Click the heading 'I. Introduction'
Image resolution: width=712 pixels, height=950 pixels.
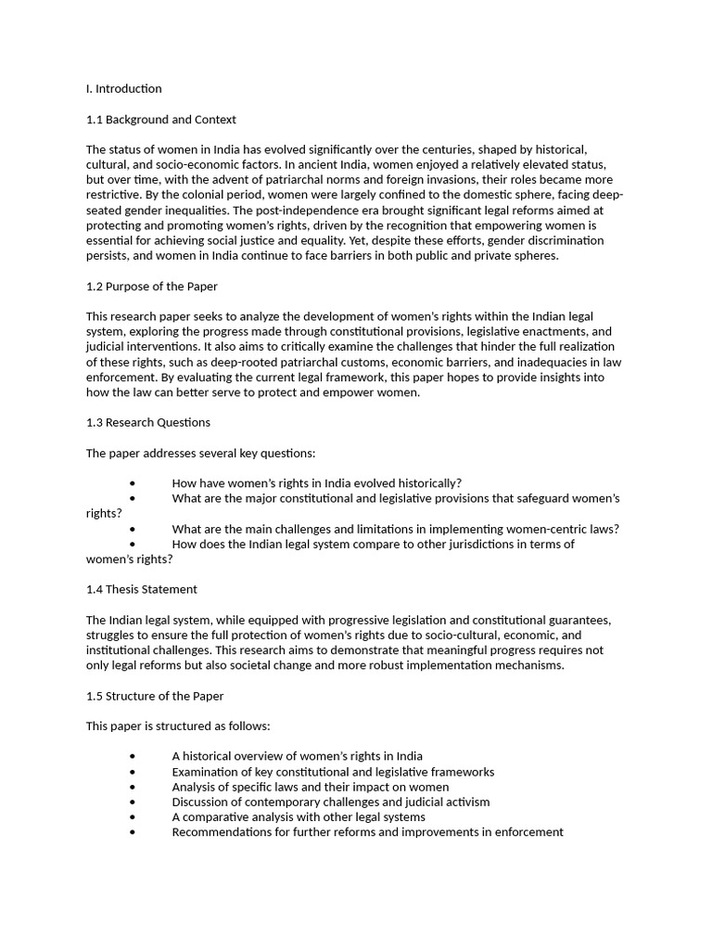click(x=123, y=89)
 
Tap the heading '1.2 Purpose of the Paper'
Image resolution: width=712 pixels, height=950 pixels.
click(x=151, y=286)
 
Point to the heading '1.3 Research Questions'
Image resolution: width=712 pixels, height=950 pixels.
click(x=147, y=422)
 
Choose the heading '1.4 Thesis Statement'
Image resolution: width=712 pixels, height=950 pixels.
click(x=141, y=589)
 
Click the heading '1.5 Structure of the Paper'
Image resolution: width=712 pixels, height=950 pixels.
click(x=154, y=696)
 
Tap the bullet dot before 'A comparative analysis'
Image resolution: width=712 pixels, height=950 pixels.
click(x=133, y=817)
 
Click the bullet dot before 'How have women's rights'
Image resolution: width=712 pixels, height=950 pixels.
click(x=133, y=483)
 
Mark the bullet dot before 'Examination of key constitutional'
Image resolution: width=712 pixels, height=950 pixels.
click(x=133, y=772)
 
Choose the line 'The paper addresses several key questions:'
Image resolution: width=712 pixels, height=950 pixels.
click(x=200, y=453)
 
